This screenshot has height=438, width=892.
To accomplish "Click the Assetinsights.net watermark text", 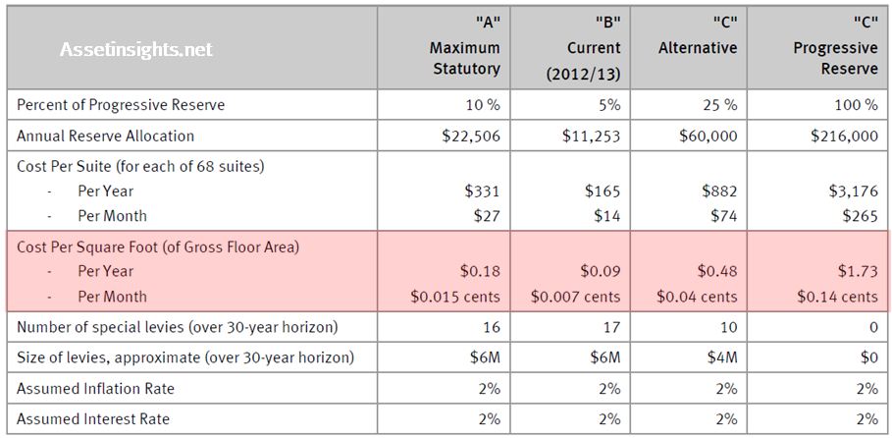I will point(136,48).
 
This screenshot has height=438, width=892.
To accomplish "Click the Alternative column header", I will point(698,47).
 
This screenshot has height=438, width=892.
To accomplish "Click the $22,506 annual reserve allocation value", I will point(471,136).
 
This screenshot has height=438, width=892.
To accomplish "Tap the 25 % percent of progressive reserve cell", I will point(717,104).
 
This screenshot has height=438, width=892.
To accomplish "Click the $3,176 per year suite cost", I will point(853,191).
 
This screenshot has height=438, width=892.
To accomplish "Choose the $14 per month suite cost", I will point(607,216).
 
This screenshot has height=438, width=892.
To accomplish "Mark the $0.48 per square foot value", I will point(716,271).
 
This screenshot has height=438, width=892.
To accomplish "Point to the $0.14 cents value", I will point(837,297).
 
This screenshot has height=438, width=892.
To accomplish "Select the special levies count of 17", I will point(610,327).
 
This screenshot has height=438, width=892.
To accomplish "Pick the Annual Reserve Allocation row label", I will point(106,136).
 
